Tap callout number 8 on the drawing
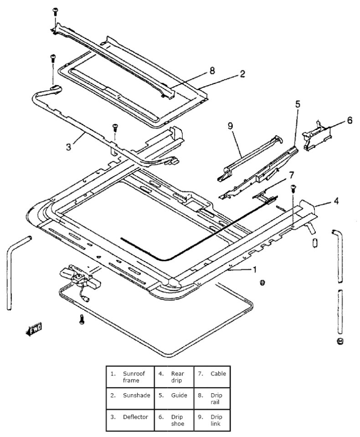[x=212, y=71]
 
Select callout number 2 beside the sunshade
[x=242, y=74]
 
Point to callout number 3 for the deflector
[x=68, y=147]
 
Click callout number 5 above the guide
[x=298, y=104]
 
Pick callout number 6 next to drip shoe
[x=350, y=120]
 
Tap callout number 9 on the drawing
[x=230, y=126]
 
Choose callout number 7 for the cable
[x=291, y=175]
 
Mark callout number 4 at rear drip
[x=336, y=201]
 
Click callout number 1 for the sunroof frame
[x=254, y=269]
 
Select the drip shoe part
[x=316, y=135]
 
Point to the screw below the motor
[x=82, y=319]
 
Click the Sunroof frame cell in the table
[x=130, y=377]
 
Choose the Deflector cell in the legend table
[x=130, y=420]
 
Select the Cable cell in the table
[x=212, y=377]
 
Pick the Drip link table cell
[x=212, y=420]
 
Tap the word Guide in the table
[x=179, y=395]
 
